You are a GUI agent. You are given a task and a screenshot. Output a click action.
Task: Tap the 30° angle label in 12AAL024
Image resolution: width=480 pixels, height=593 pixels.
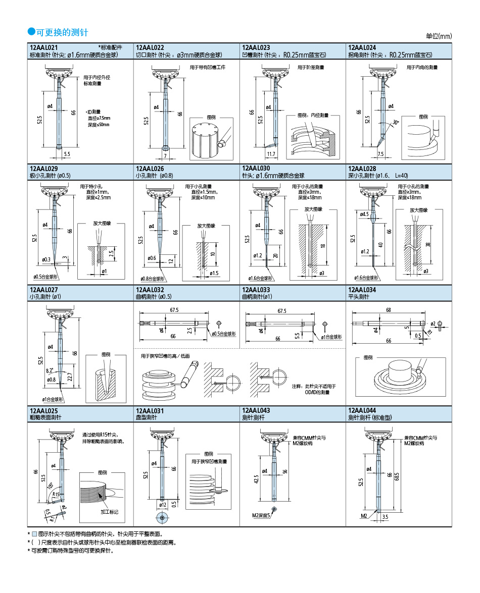tap(396, 123)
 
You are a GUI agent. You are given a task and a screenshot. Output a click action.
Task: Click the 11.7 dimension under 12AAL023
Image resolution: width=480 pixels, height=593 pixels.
tap(270, 153)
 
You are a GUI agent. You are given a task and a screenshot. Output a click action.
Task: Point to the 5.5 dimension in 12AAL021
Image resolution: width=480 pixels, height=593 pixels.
tap(67, 153)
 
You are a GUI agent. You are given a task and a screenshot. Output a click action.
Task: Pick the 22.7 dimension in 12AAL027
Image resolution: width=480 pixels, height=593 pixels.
tap(70, 376)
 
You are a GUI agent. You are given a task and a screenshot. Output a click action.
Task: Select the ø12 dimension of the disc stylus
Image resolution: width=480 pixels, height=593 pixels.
tap(163, 505)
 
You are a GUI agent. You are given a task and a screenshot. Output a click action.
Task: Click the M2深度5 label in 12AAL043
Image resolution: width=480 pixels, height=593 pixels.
tap(261, 516)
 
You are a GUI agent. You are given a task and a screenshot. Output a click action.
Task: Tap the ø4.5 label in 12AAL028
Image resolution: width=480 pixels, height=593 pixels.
tap(364, 214)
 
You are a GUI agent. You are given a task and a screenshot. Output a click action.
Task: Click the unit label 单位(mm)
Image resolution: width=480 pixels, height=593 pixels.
tap(439, 36)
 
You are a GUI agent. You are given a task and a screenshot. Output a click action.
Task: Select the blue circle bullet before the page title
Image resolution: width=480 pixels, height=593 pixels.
tap(31, 32)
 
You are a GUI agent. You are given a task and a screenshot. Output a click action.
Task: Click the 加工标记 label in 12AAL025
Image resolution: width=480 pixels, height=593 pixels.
tap(109, 512)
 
